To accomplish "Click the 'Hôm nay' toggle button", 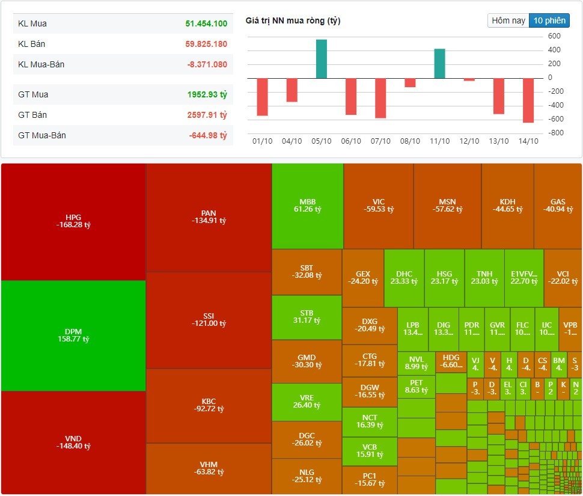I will tap(508, 20).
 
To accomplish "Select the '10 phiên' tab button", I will tap(549, 20).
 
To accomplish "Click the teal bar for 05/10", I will tap(322, 59).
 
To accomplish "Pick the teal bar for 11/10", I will tap(439, 63).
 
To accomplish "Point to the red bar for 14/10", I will tap(528, 100).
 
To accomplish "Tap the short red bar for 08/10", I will tap(410, 82).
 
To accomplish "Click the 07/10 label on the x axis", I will tap(380, 141).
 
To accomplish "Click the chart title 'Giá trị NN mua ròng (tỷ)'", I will tap(293, 21).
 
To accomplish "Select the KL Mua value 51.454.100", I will tap(206, 24).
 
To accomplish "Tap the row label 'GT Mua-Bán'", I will tap(42, 135).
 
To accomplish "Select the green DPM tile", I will tap(73, 335).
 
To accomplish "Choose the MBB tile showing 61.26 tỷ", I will tap(308, 206).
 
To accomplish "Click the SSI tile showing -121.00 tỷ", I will tap(209, 320).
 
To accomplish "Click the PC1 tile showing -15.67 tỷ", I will tap(369, 479).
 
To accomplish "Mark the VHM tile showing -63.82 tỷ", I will tap(209, 468).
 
